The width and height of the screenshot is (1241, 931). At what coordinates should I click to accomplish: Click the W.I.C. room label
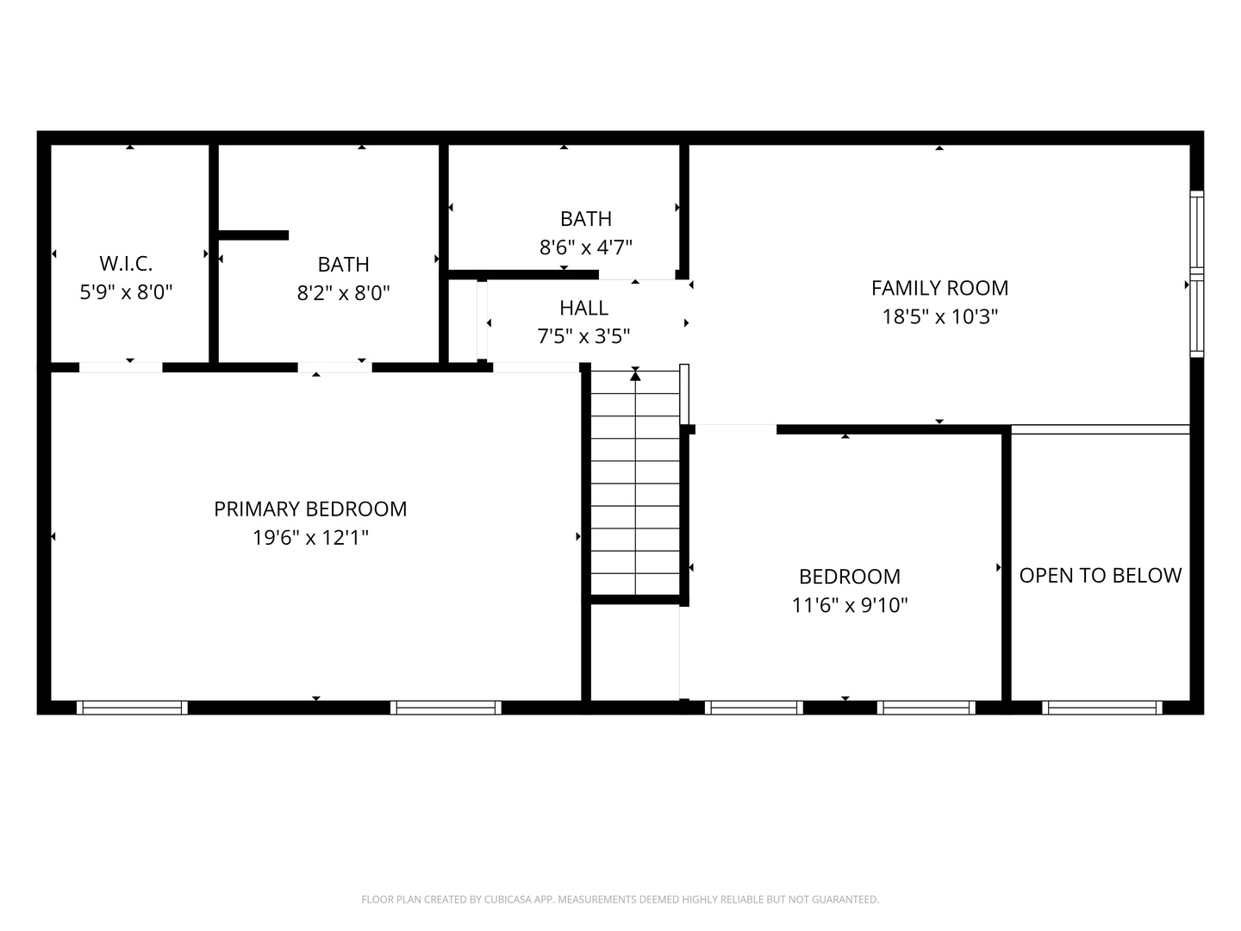[x=126, y=264]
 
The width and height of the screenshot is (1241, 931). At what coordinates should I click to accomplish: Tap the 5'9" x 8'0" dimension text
[x=126, y=292]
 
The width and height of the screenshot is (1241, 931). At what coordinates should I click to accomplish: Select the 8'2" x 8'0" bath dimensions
[x=344, y=293]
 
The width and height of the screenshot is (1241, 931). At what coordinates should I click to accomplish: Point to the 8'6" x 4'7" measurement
[x=586, y=247]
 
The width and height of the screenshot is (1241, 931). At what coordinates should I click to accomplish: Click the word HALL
[x=584, y=308]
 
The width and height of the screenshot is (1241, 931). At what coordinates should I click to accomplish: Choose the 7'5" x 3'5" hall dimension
[x=583, y=336]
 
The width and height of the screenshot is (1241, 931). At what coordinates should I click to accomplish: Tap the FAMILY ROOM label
[x=939, y=288]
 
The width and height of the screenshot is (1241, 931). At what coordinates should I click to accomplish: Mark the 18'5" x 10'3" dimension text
[x=939, y=316]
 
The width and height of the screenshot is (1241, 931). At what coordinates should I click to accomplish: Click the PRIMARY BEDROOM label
[x=310, y=509]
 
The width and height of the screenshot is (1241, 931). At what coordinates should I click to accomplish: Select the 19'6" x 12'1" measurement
[x=310, y=538]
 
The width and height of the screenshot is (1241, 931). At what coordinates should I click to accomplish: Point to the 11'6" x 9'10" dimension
[x=850, y=605]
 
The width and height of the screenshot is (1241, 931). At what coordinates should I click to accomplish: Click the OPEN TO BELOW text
[x=1101, y=576]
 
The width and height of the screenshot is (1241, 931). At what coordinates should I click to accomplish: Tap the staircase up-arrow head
[x=635, y=375]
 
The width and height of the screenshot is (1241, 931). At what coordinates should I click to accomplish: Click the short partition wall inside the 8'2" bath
[x=254, y=235]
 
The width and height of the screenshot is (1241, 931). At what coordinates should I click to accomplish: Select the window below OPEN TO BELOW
[x=1102, y=708]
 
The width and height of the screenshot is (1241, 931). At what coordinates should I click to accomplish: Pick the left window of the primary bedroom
[x=133, y=708]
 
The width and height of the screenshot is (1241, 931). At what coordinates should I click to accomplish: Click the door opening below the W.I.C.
[x=121, y=367]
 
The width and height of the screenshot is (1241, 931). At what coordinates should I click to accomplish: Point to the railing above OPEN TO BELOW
[x=1101, y=429]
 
